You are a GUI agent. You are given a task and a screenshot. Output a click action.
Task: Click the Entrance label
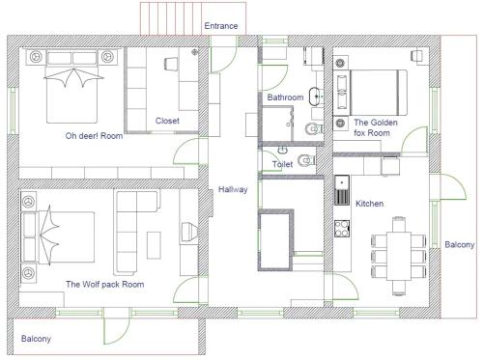tap(221, 26)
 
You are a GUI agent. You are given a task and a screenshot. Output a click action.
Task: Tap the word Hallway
tap(233, 189)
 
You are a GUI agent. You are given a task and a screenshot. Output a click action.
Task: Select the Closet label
tap(167, 121)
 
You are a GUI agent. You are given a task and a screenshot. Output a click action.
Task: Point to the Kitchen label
tap(369, 204)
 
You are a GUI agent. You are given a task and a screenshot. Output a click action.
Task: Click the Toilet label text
tap(282, 164)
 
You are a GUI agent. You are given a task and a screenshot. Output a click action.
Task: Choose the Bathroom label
tap(285, 97)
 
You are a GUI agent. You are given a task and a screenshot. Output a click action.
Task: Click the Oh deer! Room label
tap(94, 136)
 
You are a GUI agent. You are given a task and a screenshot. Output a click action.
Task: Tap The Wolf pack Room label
tap(105, 285)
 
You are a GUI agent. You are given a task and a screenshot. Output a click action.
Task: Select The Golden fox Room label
tap(376, 127)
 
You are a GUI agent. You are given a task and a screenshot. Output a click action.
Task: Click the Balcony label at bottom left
tap(36, 339)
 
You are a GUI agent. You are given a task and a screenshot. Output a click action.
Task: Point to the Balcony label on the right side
tap(460, 244)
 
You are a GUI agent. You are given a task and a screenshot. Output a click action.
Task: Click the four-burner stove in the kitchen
tap(342, 229)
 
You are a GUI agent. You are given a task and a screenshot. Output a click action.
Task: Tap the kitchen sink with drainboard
tap(342, 190)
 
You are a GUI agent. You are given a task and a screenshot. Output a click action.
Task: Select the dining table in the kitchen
tap(399, 256)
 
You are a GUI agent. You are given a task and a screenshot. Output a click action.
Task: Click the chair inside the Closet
tap(171, 64)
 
